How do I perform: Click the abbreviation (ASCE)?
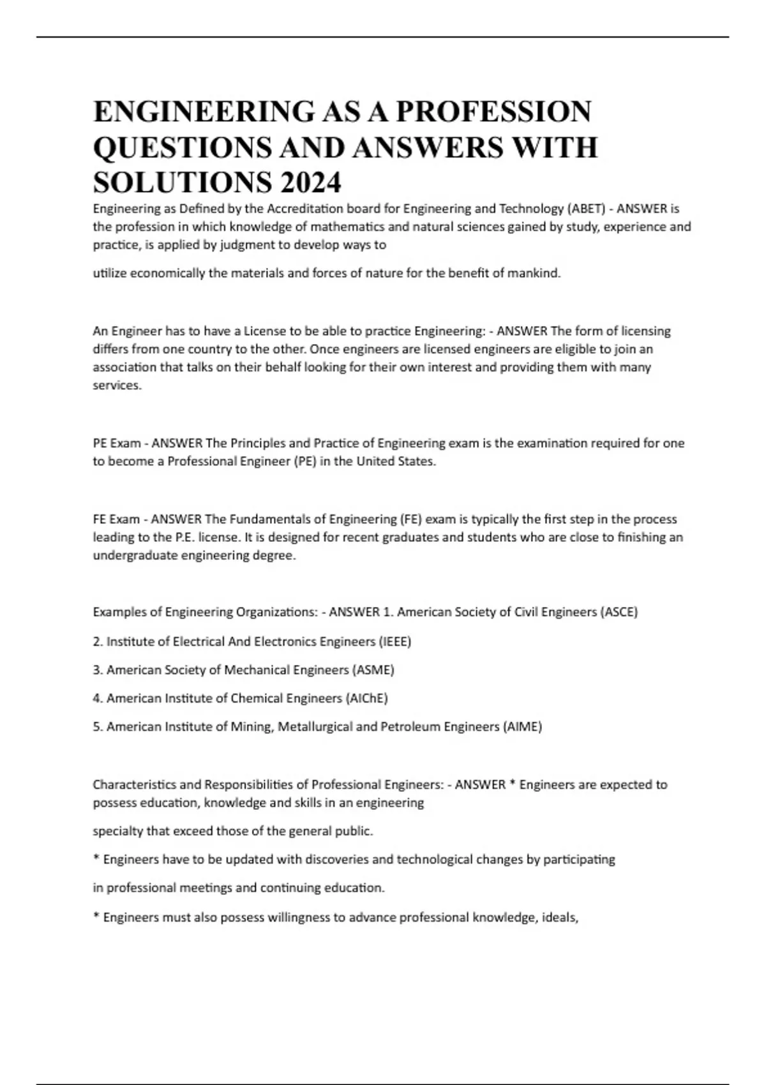pos(619,612)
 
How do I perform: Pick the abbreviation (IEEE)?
pos(394,641)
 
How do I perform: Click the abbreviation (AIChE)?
pos(366,698)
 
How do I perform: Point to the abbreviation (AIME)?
pos(522,727)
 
